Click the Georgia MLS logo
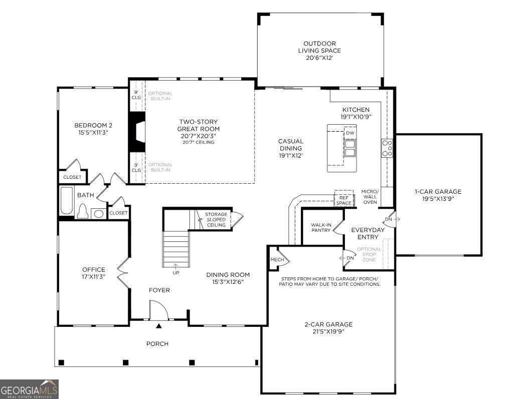coord(29,389)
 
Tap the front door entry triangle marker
coord(159,326)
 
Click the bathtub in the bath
coord(67,201)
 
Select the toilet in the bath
coord(82,212)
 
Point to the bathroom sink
coord(98,213)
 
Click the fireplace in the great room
coord(137,132)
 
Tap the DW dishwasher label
coord(350,133)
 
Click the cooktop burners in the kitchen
coord(387,148)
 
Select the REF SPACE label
coord(344,200)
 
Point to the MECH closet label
coord(277,259)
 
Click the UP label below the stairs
coord(176,273)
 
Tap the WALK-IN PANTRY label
coord(321,227)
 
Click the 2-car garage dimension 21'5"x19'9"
coord(328,331)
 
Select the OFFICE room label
coord(94,269)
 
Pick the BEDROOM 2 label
coord(93,125)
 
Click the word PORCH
coord(157,343)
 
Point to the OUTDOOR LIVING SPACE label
coord(319,47)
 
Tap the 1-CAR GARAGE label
coord(438,191)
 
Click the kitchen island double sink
coord(350,148)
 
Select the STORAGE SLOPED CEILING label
coord(216,220)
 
